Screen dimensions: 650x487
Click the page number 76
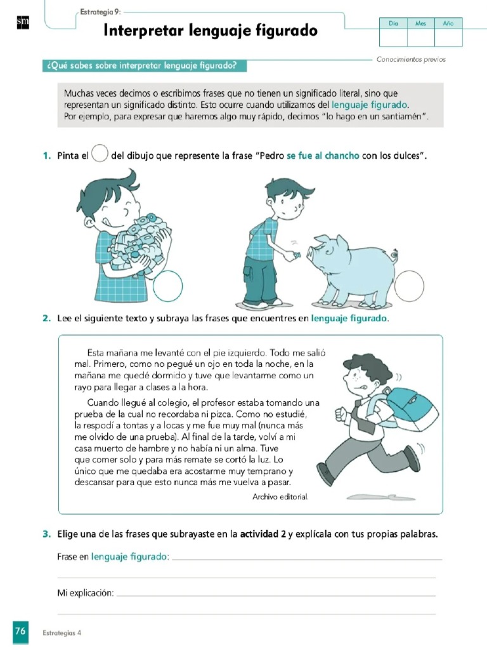(x=20, y=632)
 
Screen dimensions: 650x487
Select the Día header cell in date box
(x=393, y=23)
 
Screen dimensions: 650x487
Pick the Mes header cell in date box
(x=420, y=23)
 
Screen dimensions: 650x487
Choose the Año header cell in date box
(x=448, y=23)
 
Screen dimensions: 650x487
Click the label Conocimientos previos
(x=411, y=60)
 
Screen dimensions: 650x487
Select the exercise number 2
(x=46, y=317)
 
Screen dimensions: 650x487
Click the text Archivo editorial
(x=280, y=496)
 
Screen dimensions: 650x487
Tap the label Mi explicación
(x=86, y=593)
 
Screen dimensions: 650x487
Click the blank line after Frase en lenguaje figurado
(x=306, y=559)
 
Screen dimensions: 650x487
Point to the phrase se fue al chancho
(x=323, y=156)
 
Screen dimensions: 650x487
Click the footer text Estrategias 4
(x=62, y=633)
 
